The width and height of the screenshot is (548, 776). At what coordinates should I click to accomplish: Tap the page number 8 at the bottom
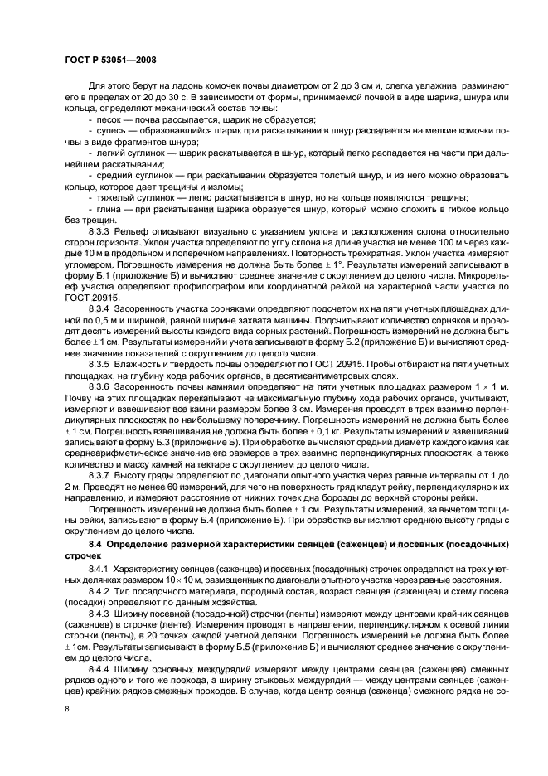pyautogui.click(x=67, y=708)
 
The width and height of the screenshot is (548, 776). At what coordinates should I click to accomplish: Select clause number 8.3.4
pyautogui.click(x=100, y=305)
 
